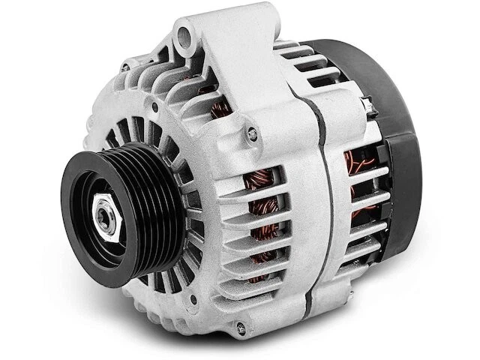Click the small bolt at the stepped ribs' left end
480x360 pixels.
124,67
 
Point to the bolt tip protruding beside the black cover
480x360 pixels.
368,106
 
